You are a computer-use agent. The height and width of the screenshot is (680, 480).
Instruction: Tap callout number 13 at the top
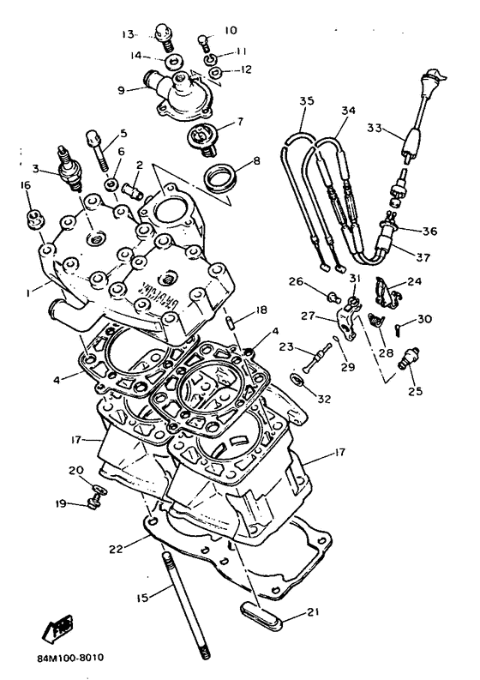point(129,34)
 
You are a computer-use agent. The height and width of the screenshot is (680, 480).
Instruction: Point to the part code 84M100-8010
point(70,658)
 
